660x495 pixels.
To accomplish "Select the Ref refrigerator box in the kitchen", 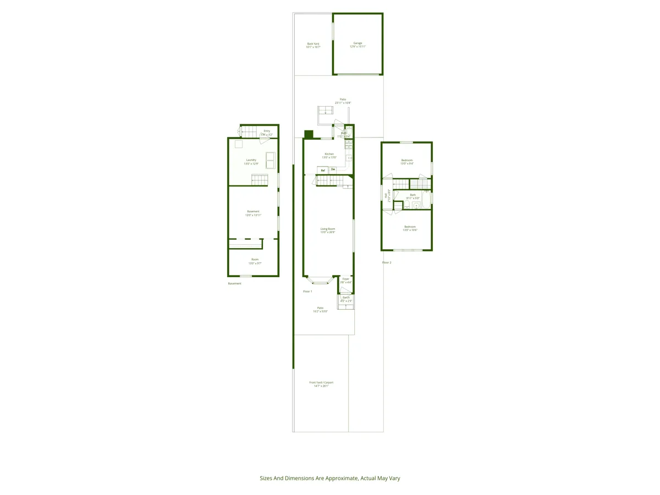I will click(x=323, y=170).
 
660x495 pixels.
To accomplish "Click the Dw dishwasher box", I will click(x=333, y=169).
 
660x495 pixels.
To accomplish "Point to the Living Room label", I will click(x=328, y=230).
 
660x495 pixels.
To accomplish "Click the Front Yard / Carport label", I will click(x=321, y=384).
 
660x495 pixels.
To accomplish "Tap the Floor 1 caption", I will click(x=307, y=291).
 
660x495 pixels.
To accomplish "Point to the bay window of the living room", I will click(x=320, y=281).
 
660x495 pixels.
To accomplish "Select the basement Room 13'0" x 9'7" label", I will click(x=255, y=261).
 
